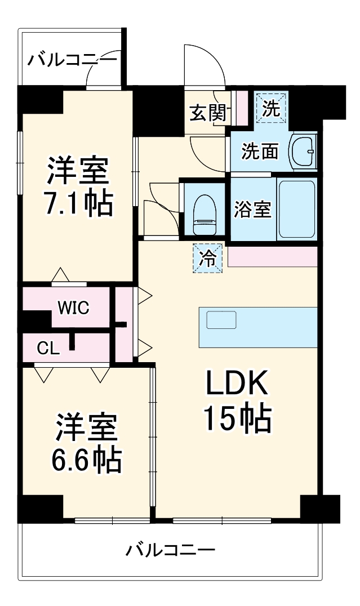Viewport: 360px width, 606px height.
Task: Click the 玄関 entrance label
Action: click(207, 113)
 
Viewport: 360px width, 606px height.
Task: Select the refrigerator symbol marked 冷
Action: click(208, 258)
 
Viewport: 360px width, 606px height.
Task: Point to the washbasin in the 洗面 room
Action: click(304, 151)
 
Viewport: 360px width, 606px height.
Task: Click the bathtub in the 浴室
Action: click(296, 209)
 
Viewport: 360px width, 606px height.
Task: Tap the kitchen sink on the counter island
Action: click(220, 320)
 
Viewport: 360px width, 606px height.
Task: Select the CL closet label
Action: click(48, 348)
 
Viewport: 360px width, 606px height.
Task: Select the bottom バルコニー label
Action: click(170, 549)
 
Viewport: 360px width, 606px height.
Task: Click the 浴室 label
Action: click(253, 209)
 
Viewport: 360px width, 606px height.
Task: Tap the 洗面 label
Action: click(260, 150)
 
